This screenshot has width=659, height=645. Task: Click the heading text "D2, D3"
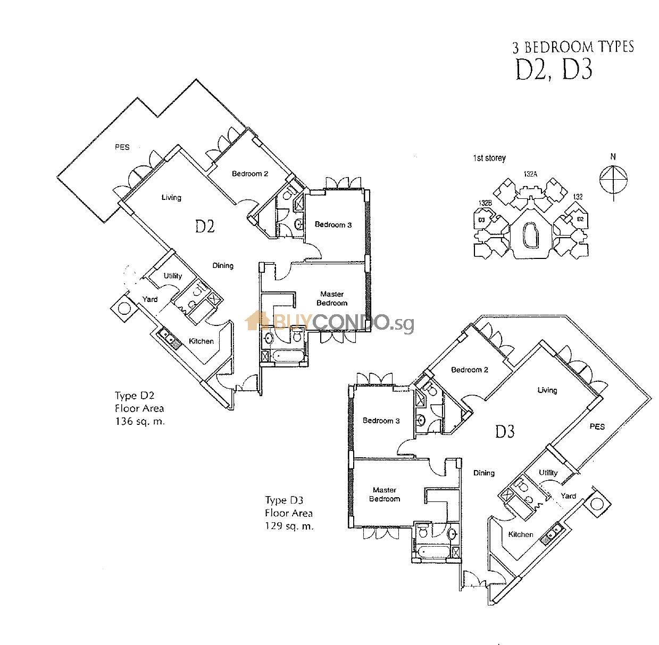[x=554, y=70]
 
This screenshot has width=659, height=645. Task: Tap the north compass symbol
[x=613, y=179]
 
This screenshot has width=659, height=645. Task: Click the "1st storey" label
[x=489, y=158]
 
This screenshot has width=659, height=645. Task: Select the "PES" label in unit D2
[x=122, y=147]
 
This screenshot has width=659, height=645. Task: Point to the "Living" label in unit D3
[x=547, y=390]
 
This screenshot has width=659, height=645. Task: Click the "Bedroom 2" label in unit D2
[x=249, y=174]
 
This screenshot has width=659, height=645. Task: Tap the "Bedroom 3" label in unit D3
[x=381, y=421]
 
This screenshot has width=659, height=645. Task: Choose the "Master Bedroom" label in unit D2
[x=332, y=298]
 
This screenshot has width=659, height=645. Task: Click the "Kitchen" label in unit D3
[x=520, y=534]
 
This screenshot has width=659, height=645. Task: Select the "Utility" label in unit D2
[x=173, y=276]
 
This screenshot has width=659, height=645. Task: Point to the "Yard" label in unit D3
[x=568, y=496]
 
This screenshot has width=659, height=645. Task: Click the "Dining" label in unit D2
[x=223, y=265]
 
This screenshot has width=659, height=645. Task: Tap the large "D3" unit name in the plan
[x=505, y=431]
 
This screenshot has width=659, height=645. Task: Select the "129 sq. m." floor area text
[x=289, y=526]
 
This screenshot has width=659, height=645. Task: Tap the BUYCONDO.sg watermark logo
[x=329, y=322]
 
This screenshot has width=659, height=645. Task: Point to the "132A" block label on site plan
[x=530, y=174]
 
